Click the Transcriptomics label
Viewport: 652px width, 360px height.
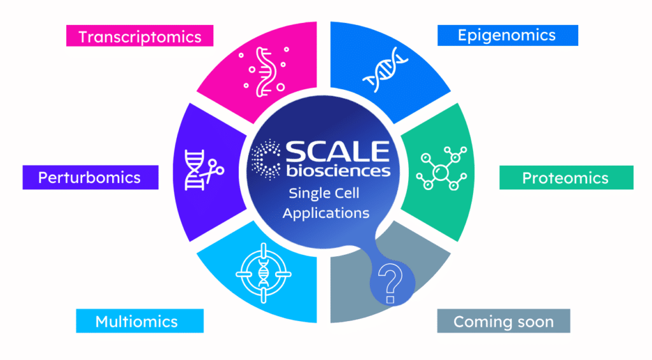(139, 36)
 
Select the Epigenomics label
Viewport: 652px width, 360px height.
(507, 35)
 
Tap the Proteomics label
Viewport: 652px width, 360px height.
(565, 178)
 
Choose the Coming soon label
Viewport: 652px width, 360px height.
(503, 322)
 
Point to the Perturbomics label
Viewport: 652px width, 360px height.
(89, 177)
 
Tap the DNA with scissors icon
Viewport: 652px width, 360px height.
(198, 169)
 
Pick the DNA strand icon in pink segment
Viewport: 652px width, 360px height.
(263, 72)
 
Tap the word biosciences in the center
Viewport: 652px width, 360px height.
(337, 170)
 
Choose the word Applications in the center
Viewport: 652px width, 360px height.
(325, 213)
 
